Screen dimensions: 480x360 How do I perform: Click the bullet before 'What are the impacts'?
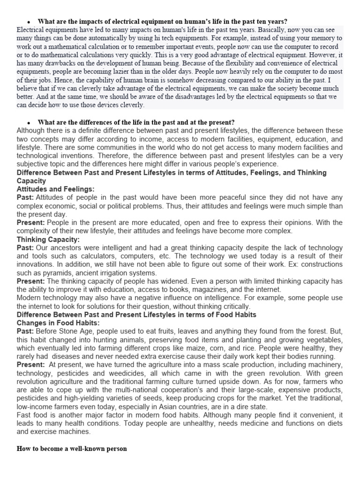29,22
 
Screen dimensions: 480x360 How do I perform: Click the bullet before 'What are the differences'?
29,122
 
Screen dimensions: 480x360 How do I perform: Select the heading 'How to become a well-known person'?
72,449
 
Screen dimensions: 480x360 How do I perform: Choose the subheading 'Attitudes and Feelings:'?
55,188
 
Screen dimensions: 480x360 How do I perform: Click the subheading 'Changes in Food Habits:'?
58,323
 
